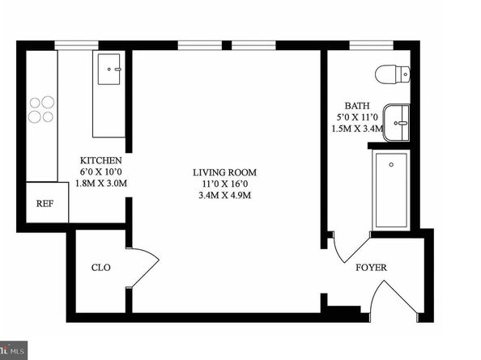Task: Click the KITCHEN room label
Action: [101, 160]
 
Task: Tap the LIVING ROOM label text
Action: [224, 172]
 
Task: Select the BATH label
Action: [356, 105]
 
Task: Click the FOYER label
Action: [371, 267]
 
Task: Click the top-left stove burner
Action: [36, 103]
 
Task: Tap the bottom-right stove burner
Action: [49, 116]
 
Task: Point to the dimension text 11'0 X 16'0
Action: [224, 184]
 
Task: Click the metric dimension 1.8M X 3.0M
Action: [101, 184]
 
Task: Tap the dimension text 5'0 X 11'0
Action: [356, 116]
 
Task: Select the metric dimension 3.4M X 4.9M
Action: [224, 196]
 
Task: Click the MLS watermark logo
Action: [13, 352]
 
